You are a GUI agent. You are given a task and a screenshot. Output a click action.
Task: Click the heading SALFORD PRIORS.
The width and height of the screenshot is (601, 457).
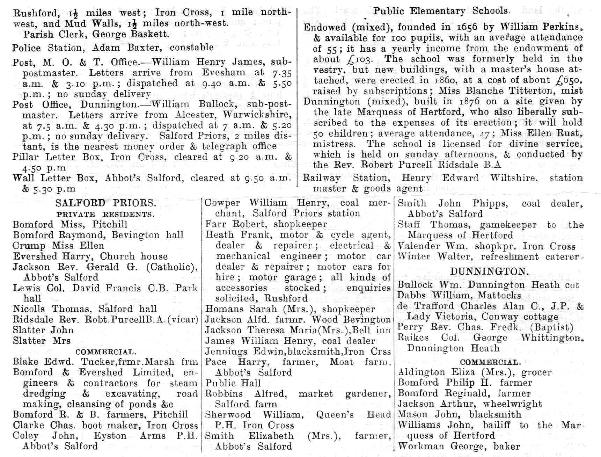(x=105, y=203)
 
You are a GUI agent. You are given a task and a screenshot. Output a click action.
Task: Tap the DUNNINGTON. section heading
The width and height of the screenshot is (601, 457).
(x=489, y=271)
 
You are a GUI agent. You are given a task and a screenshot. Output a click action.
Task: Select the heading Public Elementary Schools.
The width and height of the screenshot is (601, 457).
(x=441, y=11)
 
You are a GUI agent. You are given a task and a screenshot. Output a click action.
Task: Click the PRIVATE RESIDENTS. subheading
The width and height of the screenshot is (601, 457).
(x=105, y=215)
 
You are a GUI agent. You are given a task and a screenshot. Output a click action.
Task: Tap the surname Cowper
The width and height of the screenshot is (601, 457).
(x=222, y=203)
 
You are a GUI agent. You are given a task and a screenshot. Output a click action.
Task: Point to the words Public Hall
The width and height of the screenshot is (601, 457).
(x=233, y=383)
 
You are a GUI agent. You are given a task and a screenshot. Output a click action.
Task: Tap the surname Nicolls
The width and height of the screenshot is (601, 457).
(x=29, y=309)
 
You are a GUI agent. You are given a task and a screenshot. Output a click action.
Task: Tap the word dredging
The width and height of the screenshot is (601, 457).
(x=44, y=394)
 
